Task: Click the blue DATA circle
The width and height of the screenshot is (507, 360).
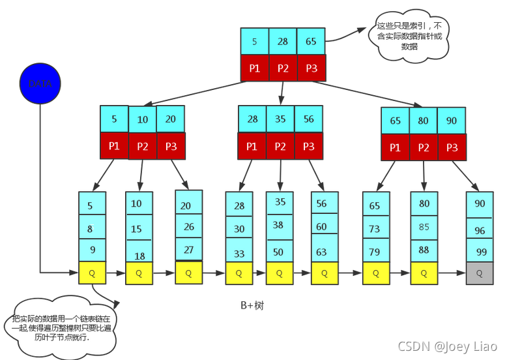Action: (40, 83)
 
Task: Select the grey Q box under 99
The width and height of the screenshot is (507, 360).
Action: (480, 273)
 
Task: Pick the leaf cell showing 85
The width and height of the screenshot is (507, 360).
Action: (424, 228)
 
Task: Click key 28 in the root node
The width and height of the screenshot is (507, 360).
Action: (283, 41)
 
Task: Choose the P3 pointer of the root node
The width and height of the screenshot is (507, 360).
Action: (311, 68)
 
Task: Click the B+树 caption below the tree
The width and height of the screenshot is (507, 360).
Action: (252, 305)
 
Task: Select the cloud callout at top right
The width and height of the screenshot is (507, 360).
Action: (409, 37)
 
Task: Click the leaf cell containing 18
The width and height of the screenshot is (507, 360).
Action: (139, 255)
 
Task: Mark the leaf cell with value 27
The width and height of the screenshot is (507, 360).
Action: (189, 249)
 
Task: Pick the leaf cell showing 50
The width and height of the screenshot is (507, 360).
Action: (279, 251)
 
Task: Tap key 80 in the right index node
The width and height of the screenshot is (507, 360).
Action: (424, 121)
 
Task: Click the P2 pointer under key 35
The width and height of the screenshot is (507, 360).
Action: (280, 146)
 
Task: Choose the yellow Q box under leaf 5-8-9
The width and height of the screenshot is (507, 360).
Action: (92, 273)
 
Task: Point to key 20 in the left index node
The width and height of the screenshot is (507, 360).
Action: (171, 119)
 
